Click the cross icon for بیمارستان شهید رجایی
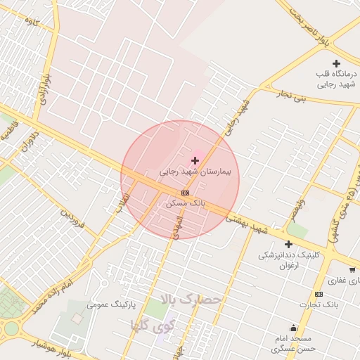pyautogui.click(x=195, y=161)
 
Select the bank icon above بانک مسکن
pyautogui.click(x=185, y=192)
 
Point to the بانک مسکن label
pyautogui.click(x=185, y=202)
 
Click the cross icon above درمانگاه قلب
pyautogui.click(x=337, y=64)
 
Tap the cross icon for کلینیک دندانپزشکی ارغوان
pyautogui.click(x=288, y=244)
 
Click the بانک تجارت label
pyautogui.click(x=318, y=304)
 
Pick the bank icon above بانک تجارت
pyautogui.click(x=319, y=294)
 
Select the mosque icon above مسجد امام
pyautogui.click(x=293, y=328)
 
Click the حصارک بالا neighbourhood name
pyautogui.click(x=191, y=300)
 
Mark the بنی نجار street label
pyautogui.click(x=291, y=96)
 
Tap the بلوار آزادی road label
pyautogui.click(x=44, y=88)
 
